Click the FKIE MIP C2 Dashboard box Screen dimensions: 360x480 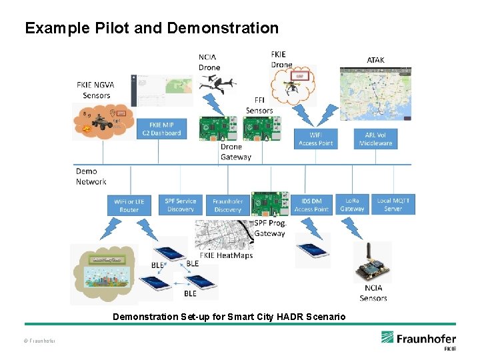tap(165, 129)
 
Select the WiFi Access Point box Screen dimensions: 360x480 tap(316, 139)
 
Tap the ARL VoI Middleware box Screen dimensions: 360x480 tap(376, 139)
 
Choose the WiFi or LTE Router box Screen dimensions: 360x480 tap(129, 205)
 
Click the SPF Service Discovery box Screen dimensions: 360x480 tap(181, 205)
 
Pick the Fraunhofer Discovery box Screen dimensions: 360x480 tap(227, 205)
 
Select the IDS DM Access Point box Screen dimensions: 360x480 tap(311, 205)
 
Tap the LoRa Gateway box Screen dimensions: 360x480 tap(352, 205)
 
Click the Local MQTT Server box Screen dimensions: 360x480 tap(393, 205)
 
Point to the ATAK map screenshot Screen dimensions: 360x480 tap(375, 93)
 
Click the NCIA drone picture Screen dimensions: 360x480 tap(217, 84)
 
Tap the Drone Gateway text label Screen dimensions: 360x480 tap(236, 152)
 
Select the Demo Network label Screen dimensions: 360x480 tap(91, 176)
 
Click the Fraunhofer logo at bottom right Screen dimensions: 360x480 tap(419, 339)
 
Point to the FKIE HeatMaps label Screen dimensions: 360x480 tap(226, 255)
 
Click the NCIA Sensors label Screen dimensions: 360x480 tap(373, 294)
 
